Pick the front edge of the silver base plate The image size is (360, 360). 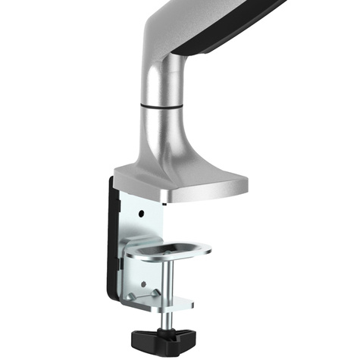pyautogui.click(x=205, y=193)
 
